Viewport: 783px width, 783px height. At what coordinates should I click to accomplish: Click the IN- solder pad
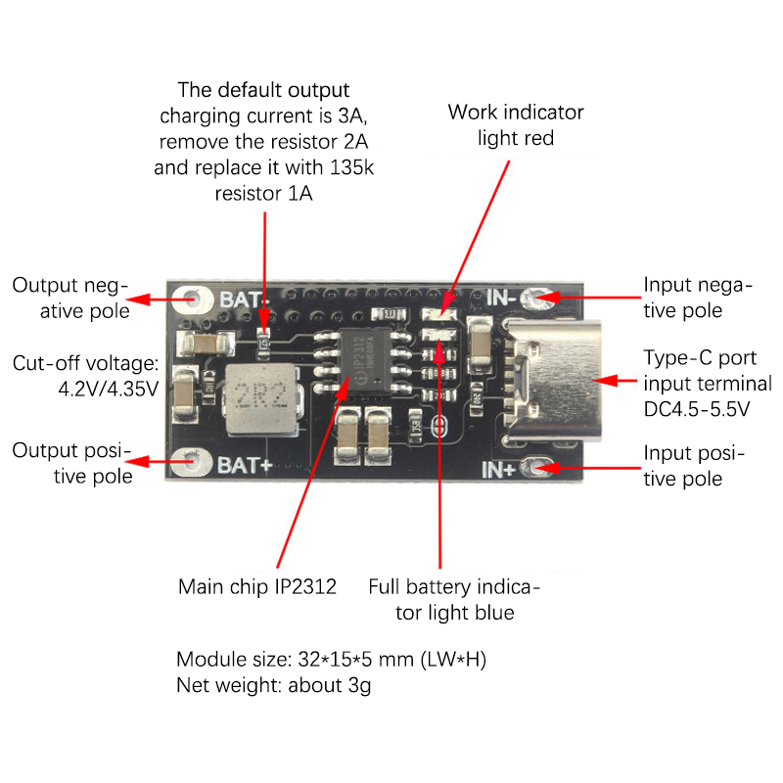click(x=537, y=297)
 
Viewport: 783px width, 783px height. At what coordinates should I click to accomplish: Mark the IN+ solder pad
click(x=537, y=469)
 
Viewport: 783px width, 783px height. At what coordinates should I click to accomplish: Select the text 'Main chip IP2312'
click(x=257, y=587)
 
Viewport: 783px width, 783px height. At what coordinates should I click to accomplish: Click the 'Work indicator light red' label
click(x=516, y=125)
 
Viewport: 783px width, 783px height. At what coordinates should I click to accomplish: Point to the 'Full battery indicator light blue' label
click(x=454, y=600)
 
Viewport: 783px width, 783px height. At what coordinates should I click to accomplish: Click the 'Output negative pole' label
click(x=70, y=298)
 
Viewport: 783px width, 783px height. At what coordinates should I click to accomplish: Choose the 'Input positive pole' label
click(x=695, y=466)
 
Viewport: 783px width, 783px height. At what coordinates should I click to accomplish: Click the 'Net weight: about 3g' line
click(x=274, y=685)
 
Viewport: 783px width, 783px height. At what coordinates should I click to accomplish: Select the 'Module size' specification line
click(x=331, y=660)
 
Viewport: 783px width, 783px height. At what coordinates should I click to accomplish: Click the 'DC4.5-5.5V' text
click(x=696, y=409)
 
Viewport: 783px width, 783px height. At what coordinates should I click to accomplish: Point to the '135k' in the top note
click(x=351, y=167)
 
